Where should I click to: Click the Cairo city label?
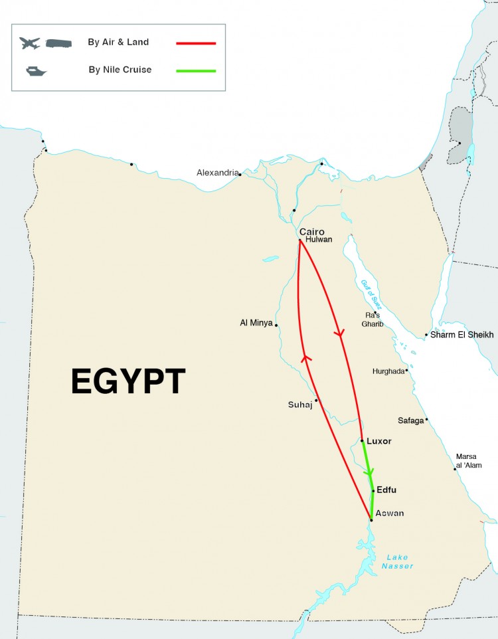click(311, 232)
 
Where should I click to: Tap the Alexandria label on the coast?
click(217, 173)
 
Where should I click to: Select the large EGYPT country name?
click(128, 382)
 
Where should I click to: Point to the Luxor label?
click(379, 441)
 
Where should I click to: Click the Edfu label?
click(386, 490)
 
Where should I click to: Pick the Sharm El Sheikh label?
click(462, 335)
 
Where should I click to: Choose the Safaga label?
click(410, 420)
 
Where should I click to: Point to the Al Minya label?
click(256, 323)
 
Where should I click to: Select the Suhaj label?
click(300, 404)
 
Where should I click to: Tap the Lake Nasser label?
click(397, 561)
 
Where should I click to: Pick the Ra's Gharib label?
click(373, 319)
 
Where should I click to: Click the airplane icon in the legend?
click(30, 43)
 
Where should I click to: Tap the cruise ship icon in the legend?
click(33, 70)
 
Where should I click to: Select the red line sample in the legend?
click(196, 43)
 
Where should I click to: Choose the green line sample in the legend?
click(196, 70)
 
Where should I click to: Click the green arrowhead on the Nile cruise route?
click(369, 471)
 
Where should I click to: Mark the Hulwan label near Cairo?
click(319, 240)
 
